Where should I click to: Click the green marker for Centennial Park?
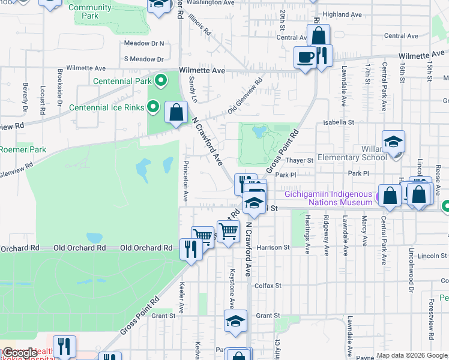[161, 80]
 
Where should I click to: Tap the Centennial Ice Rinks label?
[107, 107]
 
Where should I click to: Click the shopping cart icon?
[228, 230]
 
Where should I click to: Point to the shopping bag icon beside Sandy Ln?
[176, 112]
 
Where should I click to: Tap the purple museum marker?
[379, 197]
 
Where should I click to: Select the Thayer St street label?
[300, 160]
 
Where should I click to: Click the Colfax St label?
[267, 286]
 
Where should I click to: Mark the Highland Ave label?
[342, 14]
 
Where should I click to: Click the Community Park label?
[90, 11]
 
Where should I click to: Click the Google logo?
[20, 353]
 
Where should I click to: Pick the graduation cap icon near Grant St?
[235, 320]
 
